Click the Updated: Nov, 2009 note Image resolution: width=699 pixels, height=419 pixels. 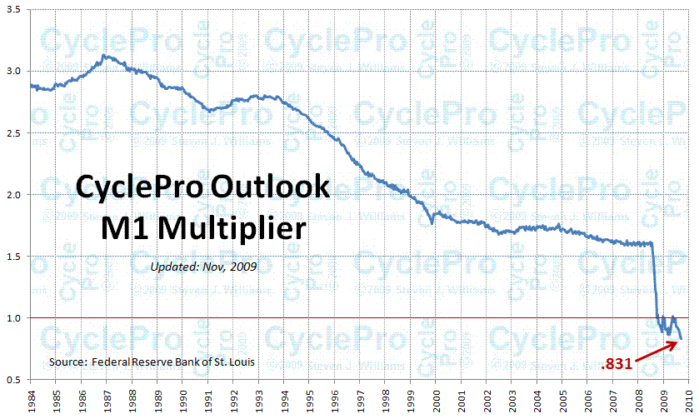(204, 267)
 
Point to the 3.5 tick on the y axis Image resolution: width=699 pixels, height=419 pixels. (15, 9)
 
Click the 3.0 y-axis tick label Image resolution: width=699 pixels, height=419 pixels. (15, 71)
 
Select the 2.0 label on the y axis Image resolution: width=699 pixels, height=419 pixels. (15, 194)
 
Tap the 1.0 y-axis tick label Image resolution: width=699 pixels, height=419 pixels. (15, 317)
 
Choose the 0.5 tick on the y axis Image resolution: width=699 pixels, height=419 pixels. (15, 379)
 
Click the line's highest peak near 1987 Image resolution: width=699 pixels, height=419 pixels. (102, 56)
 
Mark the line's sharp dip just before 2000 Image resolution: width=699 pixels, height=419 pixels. (432, 222)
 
